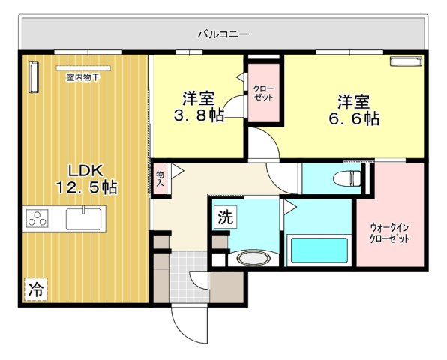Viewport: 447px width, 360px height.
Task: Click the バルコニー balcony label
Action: tap(223, 34)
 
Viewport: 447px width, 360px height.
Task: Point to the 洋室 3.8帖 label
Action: tap(199, 107)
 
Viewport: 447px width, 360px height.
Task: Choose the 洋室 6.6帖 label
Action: tap(353, 109)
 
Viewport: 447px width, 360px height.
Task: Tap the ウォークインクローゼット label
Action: tap(389, 232)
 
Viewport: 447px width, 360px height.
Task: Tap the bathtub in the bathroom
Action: tap(316, 250)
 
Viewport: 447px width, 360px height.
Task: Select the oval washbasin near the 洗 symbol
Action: tap(253, 259)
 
